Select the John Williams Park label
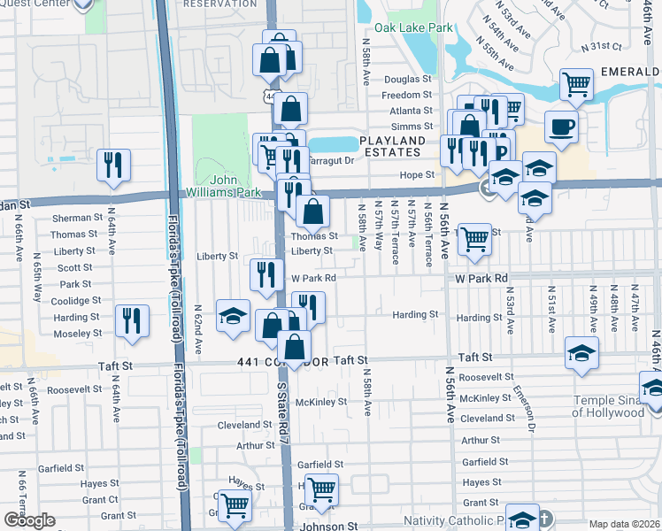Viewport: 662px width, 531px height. (223, 186)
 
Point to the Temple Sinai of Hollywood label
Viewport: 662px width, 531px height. (614, 405)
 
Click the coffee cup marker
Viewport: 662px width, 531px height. (561, 127)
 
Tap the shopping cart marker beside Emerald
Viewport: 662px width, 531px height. (576, 85)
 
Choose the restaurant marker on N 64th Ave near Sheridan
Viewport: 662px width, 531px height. (114, 165)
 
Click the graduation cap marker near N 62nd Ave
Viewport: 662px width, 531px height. (233, 316)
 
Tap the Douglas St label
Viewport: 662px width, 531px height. (407, 79)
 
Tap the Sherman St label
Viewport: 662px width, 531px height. (78, 218)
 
